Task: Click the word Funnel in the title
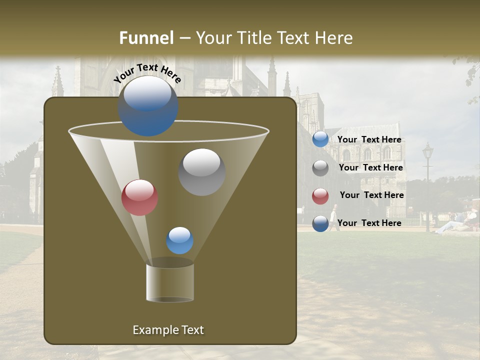pos(146,38)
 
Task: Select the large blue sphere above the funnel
pos(147,106)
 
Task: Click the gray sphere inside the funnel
pos(201,171)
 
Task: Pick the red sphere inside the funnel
pos(139,197)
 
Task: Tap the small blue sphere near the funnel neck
pos(179,240)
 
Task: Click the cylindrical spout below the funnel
pos(169,282)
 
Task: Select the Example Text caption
pos(168,330)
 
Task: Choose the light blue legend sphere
pos(320,139)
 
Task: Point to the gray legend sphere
pos(320,168)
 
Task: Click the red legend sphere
pos(320,196)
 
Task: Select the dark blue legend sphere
pos(320,223)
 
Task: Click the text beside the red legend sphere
pos(372,195)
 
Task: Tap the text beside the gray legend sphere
pos(371,167)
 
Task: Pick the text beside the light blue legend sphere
pos(369,139)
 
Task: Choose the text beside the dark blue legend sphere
pos(369,223)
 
